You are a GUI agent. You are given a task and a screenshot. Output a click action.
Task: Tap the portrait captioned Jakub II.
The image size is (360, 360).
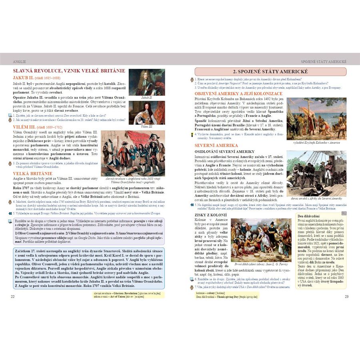(x=146, y=82)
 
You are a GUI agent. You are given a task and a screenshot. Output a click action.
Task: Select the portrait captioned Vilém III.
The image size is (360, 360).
(x=146, y=112)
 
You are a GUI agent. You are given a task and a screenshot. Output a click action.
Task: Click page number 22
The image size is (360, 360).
(x=13, y=296)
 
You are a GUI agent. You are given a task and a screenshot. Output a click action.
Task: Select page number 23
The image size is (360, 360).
(x=346, y=296)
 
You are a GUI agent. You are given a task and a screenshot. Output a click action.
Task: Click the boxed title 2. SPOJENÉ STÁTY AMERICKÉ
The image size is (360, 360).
(x=271, y=71)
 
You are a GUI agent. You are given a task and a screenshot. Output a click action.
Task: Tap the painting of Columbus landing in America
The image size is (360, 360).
(x=316, y=119)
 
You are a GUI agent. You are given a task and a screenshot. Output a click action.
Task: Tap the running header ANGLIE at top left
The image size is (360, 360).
(x=20, y=62)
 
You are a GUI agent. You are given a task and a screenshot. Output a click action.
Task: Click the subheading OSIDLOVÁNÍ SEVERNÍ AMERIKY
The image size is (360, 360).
(x=224, y=152)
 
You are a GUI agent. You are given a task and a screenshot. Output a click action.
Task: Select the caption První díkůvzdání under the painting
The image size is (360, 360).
(x=256, y=264)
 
